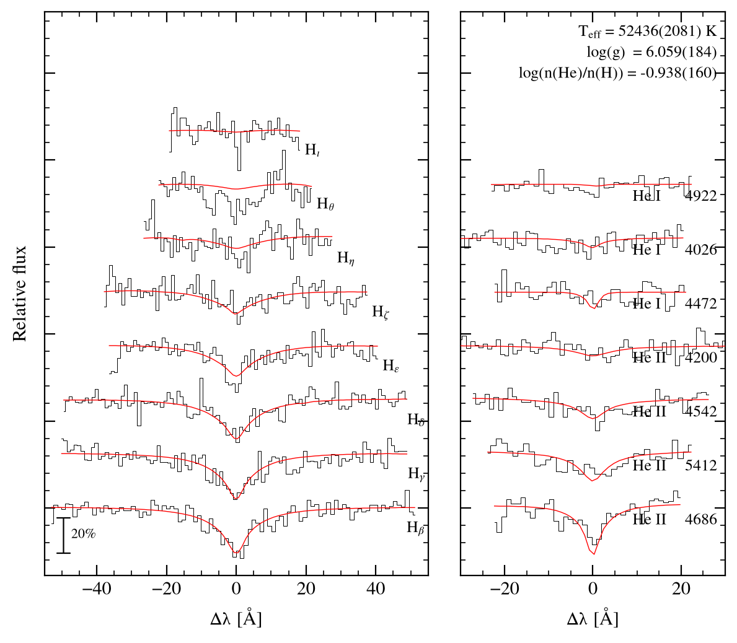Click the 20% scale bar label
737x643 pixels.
click(x=83, y=533)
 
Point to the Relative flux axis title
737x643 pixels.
click(x=19, y=294)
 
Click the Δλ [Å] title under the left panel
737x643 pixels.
click(x=236, y=618)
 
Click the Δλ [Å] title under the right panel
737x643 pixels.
click(x=593, y=618)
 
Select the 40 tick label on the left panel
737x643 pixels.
click(x=376, y=588)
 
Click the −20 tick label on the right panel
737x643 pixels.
click(x=505, y=588)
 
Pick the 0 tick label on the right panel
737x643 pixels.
click(x=593, y=588)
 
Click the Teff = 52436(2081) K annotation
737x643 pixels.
click(x=647, y=32)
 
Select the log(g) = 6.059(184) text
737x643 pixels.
click(x=651, y=52)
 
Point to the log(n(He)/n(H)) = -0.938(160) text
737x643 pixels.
click(x=617, y=73)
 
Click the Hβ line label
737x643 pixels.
click(x=415, y=528)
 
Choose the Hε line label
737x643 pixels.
click(x=391, y=365)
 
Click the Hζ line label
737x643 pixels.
click(x=381, y=312)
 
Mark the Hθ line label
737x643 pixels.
click(x=325, y=204)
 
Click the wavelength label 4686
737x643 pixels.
click(x=701, y=519)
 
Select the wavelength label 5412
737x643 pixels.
click(x=701, y=465)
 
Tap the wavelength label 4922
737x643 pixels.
click(x=701, y=195)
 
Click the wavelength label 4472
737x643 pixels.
click(x=701, y=304)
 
